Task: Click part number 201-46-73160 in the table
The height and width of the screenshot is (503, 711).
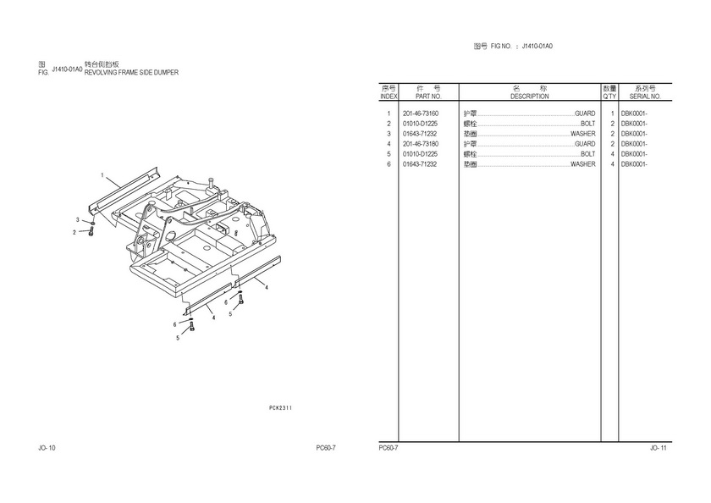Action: (x=420, y=113)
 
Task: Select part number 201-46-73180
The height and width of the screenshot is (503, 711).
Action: (x=420, y=144)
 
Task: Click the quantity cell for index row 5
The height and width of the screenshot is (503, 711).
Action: (x=611, y=154)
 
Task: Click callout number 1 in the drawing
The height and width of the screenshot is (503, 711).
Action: (x=102, y=175)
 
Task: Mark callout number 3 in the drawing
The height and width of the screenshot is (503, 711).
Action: (x=77, y=220)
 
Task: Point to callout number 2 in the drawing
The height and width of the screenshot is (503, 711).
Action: (x=74, y=231)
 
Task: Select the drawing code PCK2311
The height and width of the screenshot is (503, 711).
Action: (x=280, y=408)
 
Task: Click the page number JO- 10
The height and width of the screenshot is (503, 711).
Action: (x=47, y=447)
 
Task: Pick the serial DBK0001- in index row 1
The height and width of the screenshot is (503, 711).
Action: (x=633, y=113)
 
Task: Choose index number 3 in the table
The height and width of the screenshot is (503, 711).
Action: (x=389, y=134)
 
